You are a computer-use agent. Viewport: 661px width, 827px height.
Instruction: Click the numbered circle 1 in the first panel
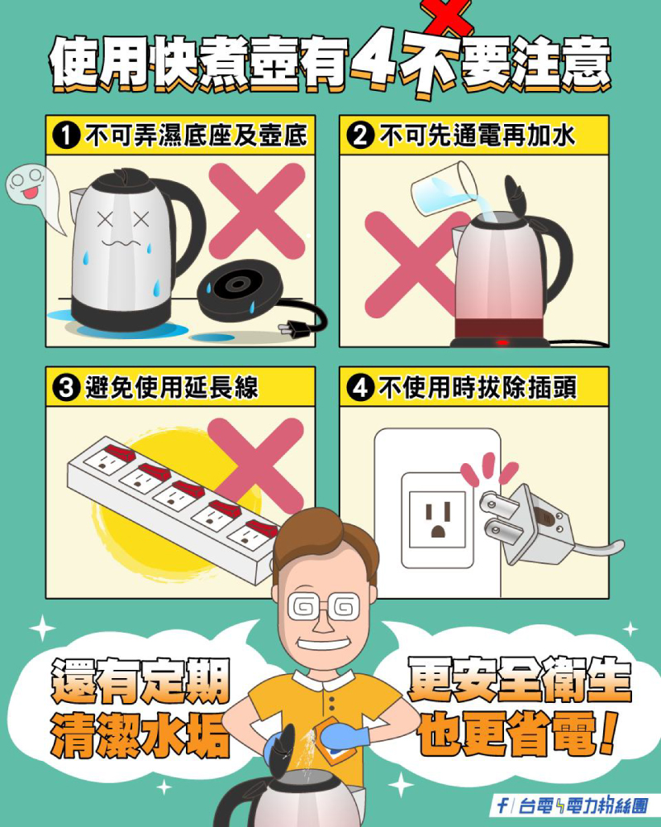tap(66, 136)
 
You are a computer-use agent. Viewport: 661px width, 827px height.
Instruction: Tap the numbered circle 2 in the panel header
tap(360, 136)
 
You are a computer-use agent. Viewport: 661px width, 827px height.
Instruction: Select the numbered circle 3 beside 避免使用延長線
tap(66, 388)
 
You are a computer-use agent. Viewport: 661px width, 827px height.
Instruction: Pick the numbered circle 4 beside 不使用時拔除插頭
tap(360, 388)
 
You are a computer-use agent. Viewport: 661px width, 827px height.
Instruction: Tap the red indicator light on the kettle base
tap(502, 342)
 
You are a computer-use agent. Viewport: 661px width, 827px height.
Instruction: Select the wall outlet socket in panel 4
tap(438, 520)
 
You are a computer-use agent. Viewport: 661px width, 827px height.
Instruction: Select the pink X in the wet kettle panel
tap(257, 211)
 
